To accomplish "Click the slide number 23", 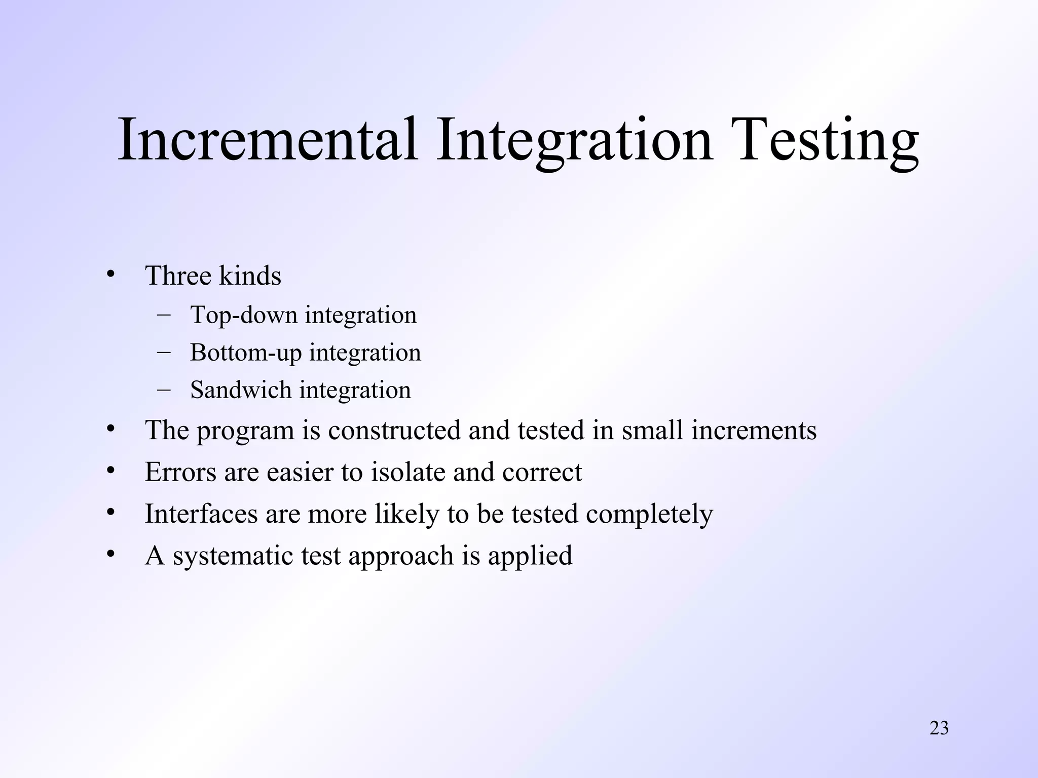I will [x=939, y=728].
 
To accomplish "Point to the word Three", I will [x=178, y=276].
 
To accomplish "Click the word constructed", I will [x=394, y=430].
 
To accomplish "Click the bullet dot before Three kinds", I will [x=111, y=274].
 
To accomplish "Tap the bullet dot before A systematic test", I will [x=111, y=554].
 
